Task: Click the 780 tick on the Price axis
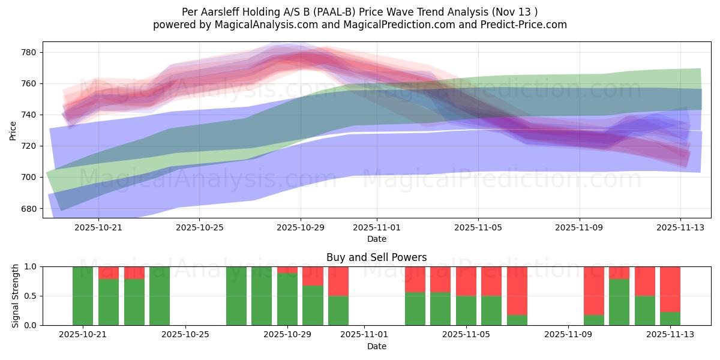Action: pos(29,52)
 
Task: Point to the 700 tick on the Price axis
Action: pos(29,177)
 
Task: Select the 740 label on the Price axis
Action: pos(29,115)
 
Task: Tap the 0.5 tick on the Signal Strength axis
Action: pos(31,296)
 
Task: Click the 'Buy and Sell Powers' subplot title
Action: pos(376,257)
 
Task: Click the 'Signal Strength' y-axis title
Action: pos(15,296)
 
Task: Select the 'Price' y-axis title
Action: pos(13,130)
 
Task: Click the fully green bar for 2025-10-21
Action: pos(83,296)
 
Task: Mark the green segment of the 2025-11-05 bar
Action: pos(466,310)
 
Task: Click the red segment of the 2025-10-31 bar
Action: pos(338,281)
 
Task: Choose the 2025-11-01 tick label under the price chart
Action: pos(377,228)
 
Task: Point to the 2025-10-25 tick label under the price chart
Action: pos(199,228)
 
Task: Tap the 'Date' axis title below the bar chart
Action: pos(376,346)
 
